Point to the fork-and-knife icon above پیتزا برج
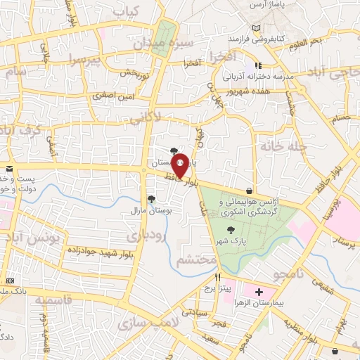219,276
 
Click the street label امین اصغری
110,94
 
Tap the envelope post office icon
9,169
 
